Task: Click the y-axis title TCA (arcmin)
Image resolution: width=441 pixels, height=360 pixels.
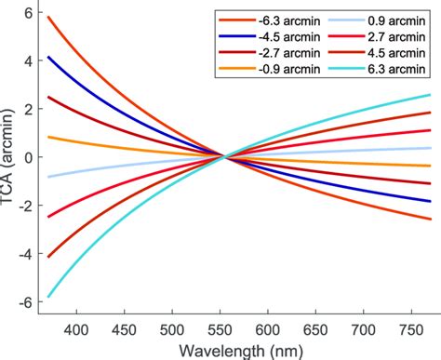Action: [x=10, y=157]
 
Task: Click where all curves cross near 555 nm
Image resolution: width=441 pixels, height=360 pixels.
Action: [x=222, y=157]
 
